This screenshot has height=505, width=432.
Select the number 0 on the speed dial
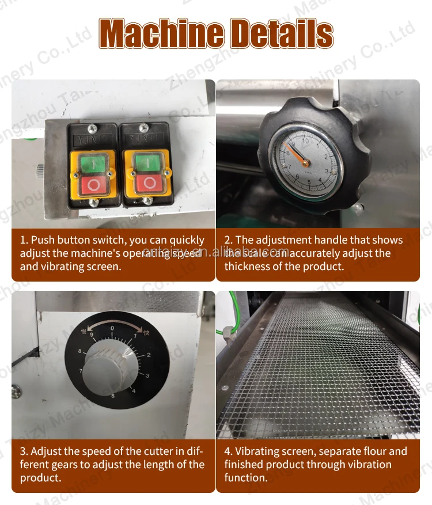coord(112,328)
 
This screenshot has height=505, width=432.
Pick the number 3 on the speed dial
coord(147,375)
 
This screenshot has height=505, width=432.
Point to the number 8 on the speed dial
coord(79,351)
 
